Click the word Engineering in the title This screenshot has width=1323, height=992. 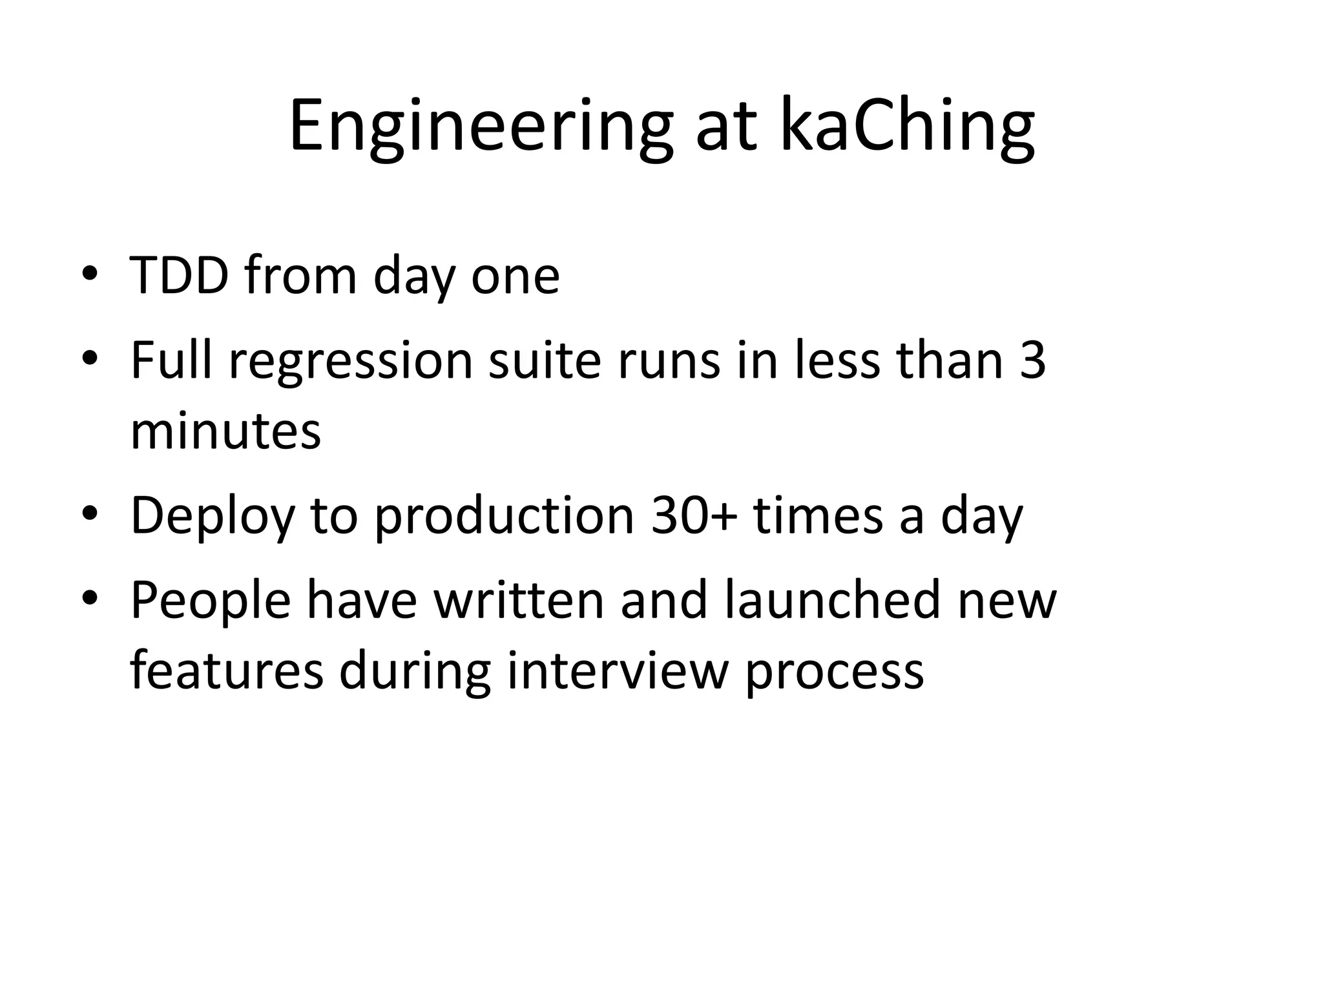click(481, 127)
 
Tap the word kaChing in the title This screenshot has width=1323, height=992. click(907, 127)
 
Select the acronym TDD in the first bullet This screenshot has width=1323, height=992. click(179, 276)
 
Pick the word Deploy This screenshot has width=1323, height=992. click(213, 516)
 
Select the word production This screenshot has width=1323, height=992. click(504, 516)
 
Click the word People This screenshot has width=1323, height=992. click(210, 601)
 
